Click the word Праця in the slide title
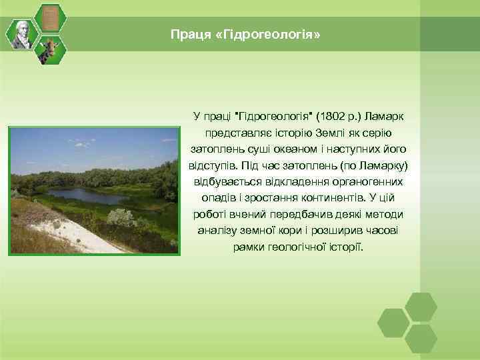point(186,33)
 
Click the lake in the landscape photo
point(87,195)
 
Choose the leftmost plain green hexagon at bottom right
point(393,323)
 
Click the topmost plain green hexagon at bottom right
point(421,307)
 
